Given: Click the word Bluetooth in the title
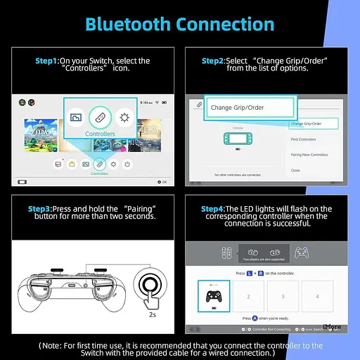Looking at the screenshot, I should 126,24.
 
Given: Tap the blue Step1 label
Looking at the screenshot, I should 47,61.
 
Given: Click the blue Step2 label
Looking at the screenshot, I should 213,61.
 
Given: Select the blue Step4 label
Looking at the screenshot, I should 212,209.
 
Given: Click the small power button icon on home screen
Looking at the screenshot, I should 127,164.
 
